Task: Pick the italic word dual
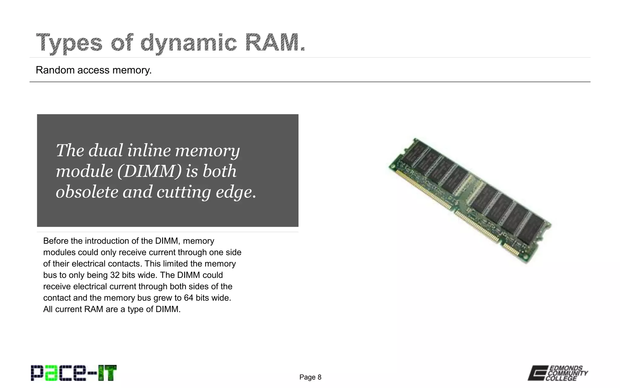[106, 150]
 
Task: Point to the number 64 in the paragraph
[188, 298]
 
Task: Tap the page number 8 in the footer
[319, 377]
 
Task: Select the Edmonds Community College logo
[558, 373]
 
